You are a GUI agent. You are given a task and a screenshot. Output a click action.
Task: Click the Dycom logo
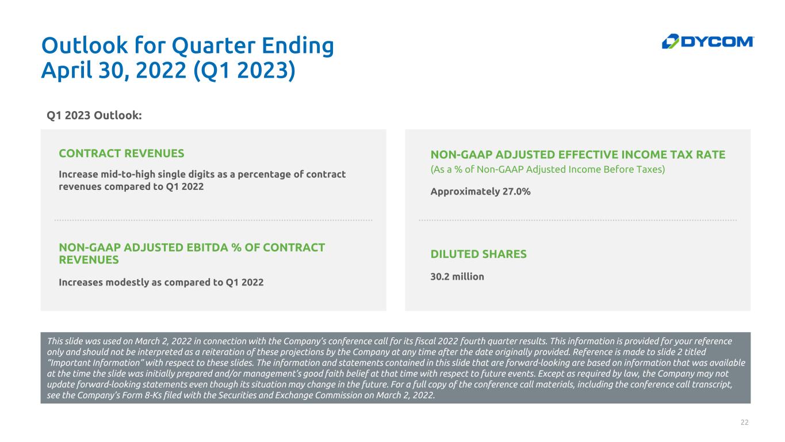[708, 41]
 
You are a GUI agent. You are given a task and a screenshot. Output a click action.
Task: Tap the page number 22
[744, 422]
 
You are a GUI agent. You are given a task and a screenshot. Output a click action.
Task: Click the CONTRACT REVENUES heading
[121, 154]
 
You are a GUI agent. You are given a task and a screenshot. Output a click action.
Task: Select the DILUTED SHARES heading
[478, 254]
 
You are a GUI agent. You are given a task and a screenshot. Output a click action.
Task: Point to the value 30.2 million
[457, 277]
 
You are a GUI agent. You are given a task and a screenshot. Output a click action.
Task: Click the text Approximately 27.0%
[480, 192]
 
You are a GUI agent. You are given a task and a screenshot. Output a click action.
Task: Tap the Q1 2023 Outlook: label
[94, 115]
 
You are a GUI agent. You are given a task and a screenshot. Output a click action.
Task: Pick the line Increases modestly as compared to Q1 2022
[161, 283]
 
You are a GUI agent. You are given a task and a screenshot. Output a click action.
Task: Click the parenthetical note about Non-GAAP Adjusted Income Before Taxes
[547, 170]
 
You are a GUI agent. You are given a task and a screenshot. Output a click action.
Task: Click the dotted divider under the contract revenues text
[213, 220]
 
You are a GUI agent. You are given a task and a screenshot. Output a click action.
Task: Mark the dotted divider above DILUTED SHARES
[577, 220]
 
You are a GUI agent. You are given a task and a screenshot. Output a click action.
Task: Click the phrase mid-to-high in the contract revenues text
[125, 174]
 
